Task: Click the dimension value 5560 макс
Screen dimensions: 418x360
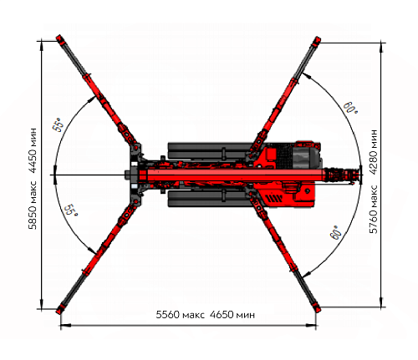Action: pos(180,315)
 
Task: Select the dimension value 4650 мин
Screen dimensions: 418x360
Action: pos(232,315)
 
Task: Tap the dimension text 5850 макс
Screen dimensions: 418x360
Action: pos(33,205)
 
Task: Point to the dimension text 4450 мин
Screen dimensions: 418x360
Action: pos(33,150)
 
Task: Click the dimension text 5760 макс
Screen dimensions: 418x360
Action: pos(374,209)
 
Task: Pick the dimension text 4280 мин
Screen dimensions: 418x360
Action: pos(374,152)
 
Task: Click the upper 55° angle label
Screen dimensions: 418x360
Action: pos(59,124)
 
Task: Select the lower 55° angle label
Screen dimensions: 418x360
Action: pos(71,210)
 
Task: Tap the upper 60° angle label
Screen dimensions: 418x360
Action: pos(350,108)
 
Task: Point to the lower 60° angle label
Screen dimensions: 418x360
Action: pos(336,233)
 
